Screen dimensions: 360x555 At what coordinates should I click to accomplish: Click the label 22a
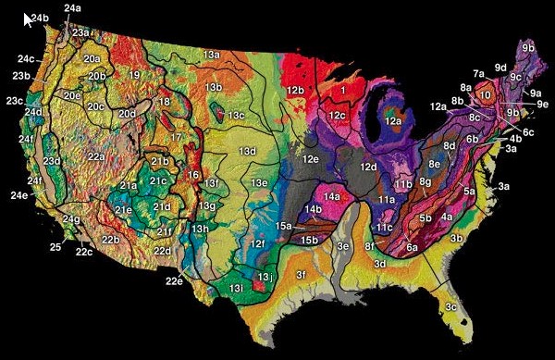95,157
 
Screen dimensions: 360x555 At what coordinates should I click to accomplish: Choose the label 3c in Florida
451,306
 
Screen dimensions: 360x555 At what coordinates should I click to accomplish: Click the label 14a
331,197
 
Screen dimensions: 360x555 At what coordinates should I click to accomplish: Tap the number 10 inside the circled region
484,94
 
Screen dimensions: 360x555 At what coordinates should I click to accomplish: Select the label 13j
265,277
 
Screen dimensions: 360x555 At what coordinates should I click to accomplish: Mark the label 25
55,247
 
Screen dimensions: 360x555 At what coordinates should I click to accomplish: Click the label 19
134,75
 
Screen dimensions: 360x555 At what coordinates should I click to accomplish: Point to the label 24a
72,8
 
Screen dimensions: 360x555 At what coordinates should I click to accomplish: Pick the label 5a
469,192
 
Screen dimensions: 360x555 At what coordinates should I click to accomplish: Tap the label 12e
310,159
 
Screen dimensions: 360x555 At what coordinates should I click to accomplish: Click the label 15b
310,240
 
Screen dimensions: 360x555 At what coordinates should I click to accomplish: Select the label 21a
128,186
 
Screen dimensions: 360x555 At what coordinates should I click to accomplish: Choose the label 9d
500,68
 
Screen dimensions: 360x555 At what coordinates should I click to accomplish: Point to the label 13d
247,150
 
